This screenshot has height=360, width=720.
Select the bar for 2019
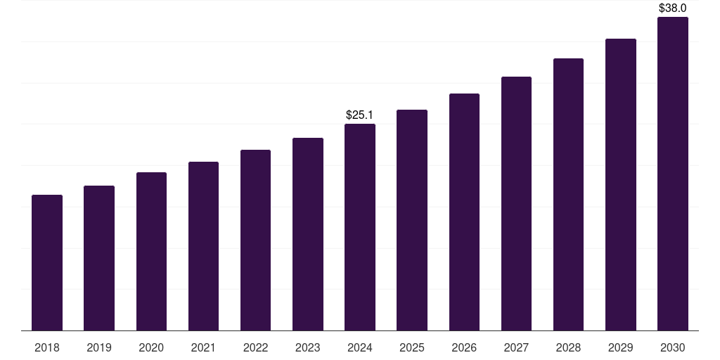[x=99, y=258]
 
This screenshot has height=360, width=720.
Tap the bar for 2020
[x=151, y=251]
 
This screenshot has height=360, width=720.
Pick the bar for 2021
[x=203, y=246]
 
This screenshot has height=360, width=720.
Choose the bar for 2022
[x=255, y=240]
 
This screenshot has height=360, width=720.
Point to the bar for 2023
[x=308, y=234]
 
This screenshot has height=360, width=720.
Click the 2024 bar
[x=360, y=227]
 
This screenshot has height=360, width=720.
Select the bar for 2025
[x=412, y=220]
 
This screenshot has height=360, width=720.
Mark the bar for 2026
[x=464, y=212]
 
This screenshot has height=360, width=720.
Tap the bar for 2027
[x=516, y=203]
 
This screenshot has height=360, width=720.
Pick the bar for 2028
[x=568, y=194]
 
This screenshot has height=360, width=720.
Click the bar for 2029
[x=621, y=184]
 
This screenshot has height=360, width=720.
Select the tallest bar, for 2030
[x=673, y=174]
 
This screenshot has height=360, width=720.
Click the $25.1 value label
[x=360, y=115]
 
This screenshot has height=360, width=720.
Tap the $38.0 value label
[x=673, y=8]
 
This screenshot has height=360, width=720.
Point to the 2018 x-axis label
[x=47, y=347]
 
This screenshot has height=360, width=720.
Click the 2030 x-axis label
[x=673, y=347]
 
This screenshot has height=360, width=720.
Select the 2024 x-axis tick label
[x=360, y=347]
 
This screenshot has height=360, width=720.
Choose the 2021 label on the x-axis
[x=203, y=347]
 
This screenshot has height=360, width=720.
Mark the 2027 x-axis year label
[x=516, y=347]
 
